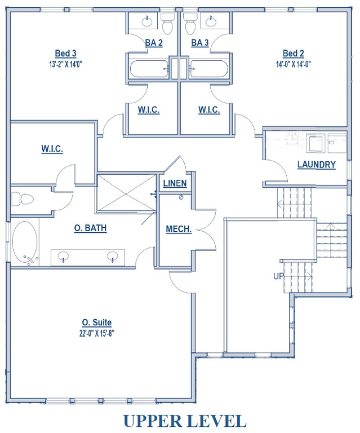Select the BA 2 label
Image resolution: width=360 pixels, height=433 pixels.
[x=153, y=43]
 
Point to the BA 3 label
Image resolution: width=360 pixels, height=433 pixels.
[x=200, y=43]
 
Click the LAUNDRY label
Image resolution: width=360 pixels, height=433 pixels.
[x=316, y=165]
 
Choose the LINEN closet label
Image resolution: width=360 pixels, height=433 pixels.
[x=175, y=184]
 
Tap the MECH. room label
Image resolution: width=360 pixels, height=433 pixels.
[x=179, y=229]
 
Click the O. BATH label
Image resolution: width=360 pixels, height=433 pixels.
[x=91, y=228]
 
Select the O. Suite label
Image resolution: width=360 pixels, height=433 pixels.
[x=96, y=322]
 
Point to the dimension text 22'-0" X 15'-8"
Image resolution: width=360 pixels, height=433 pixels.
[x=96, y=333]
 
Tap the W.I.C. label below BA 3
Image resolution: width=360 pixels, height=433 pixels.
[x=209, y=110]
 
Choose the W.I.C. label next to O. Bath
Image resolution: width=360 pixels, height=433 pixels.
[x=52, y=149]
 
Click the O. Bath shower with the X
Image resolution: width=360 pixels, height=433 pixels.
[x=126, y=193]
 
